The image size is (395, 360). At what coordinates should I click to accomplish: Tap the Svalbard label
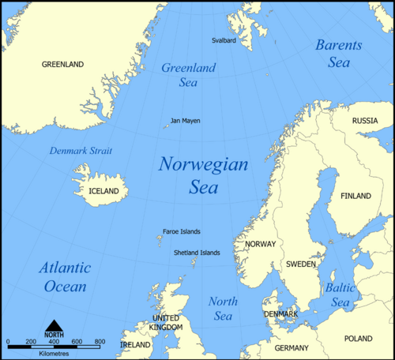[x=224, y=40]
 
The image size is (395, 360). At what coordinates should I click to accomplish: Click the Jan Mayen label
[x=186, y=121]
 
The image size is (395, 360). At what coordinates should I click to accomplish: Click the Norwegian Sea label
[x=203, y=175]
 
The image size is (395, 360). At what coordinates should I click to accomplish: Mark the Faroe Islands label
[x=181, y=231]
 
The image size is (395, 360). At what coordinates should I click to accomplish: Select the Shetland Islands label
[x=197, y=253]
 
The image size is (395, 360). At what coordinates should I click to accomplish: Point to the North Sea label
[x=223, y=309]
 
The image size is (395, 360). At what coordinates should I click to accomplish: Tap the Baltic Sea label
[x=340, y=295]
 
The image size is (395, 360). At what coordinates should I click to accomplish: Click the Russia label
[x=364, y=121]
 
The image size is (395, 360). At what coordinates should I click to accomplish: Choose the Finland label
[x=355, y=195]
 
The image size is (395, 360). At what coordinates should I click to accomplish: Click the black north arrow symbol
[x=54, y=326]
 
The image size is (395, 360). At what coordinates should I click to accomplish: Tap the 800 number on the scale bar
[x=100, y=341]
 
